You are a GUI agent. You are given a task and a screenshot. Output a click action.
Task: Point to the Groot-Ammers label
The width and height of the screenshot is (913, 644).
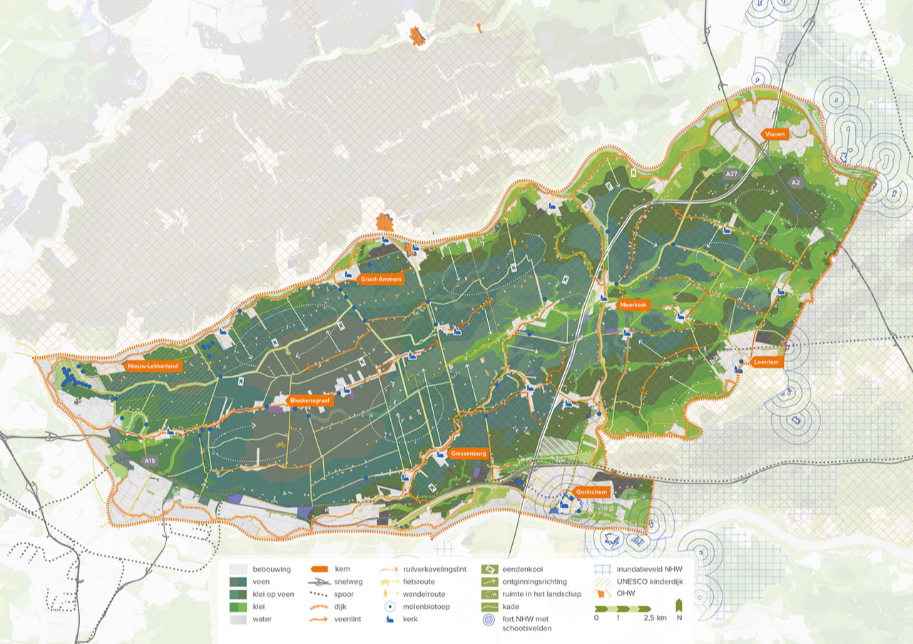[380, 279]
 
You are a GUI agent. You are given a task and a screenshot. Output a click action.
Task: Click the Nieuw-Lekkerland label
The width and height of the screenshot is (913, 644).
[153, 366]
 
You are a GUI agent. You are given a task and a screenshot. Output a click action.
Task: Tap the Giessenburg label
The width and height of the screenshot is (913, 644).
[469, 453]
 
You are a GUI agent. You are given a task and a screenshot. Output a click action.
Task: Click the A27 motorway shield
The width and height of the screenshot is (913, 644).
[730, 174]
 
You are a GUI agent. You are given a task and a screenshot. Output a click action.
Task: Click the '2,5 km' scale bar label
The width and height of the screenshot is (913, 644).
[653, 618]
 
